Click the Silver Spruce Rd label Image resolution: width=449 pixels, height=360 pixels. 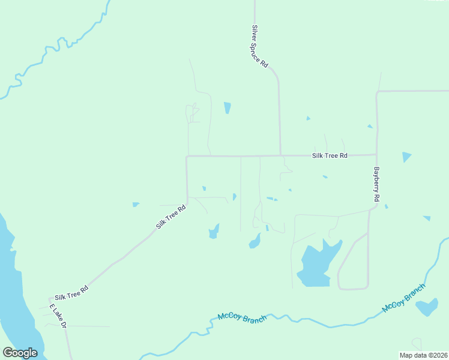259,46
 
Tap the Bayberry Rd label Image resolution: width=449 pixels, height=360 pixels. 376,184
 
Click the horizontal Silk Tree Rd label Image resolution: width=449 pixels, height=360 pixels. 330,155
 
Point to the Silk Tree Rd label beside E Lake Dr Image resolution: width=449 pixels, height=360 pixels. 71,293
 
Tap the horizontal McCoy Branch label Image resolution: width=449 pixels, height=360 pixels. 242,317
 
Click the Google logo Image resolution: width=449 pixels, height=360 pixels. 20,353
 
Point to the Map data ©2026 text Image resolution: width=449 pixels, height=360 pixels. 423,355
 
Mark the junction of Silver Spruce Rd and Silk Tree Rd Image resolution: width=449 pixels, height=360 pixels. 280,155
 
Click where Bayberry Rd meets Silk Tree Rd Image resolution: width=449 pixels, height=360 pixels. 376,155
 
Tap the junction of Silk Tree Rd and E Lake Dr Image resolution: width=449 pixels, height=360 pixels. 50,298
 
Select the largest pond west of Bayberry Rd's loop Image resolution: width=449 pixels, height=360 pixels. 316,264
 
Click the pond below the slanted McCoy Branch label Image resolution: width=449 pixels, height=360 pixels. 427,307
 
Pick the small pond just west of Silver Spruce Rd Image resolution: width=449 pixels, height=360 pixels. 228,108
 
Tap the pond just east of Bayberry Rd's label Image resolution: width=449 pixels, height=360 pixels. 406,157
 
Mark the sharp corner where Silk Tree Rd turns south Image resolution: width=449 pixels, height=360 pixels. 187,157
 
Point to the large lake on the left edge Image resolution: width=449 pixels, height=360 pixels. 12,288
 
